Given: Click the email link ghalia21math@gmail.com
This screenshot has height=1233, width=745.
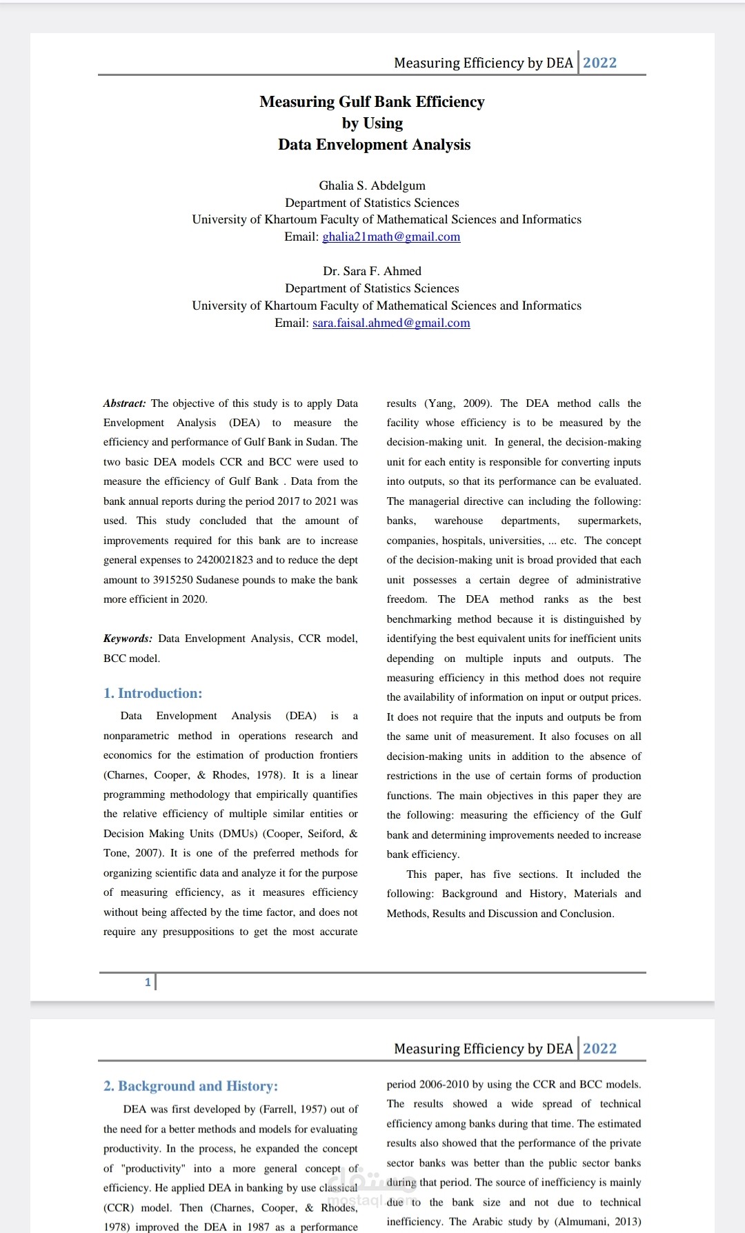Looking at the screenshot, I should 391,237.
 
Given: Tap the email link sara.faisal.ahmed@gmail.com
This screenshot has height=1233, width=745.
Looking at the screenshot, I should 391,323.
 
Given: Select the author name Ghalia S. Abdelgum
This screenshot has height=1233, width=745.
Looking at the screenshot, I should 372,186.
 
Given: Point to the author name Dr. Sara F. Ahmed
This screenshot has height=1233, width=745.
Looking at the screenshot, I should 372,271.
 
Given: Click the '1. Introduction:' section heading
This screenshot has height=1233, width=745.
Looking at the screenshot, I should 152,693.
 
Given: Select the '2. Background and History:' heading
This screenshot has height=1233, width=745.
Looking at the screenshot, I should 190,1086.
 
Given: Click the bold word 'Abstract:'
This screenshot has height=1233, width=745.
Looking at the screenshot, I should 125,403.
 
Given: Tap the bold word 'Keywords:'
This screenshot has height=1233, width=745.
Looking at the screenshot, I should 128,639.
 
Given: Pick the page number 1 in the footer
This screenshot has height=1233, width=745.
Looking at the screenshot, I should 148,982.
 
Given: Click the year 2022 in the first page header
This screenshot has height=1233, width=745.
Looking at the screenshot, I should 599,63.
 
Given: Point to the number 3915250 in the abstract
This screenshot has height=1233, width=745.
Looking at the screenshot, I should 173,580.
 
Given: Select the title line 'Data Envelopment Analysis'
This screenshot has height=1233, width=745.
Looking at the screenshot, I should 374,145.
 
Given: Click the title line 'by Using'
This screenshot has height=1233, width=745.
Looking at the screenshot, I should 372,123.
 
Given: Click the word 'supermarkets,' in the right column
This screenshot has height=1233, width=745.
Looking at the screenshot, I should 609,521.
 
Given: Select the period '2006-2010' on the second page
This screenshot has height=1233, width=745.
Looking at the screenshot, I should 444,1084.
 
